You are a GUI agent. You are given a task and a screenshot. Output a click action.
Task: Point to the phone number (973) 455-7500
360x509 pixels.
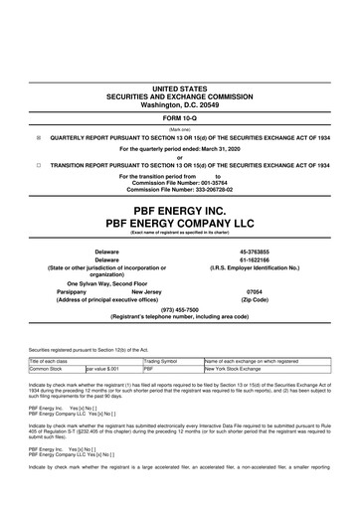180,321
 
